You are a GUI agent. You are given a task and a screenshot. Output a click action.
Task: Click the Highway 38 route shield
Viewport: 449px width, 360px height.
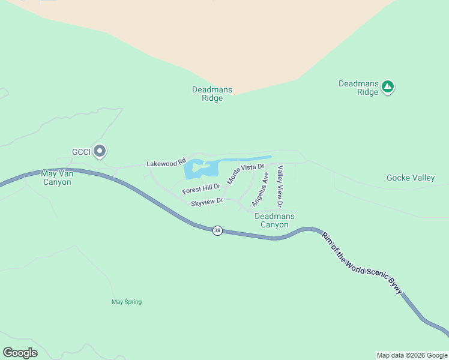[217, 230]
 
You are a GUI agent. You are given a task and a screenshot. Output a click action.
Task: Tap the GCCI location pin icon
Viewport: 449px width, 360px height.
[100, 151]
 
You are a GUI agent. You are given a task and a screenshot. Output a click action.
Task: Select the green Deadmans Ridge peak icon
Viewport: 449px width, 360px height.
[388, 86]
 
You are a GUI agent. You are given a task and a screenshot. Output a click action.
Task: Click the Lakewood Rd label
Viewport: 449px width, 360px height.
[163, 163]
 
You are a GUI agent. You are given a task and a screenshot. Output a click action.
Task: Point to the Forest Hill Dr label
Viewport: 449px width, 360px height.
[202, 188]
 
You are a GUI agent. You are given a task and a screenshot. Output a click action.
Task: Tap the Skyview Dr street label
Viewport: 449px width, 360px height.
[207, 203]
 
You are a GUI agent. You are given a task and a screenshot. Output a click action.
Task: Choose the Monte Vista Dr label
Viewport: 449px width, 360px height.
[246, 173]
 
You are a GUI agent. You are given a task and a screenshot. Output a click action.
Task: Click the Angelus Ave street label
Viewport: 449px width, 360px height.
[260, 190]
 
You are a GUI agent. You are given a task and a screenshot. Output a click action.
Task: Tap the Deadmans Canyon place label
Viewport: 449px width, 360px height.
[274, 220]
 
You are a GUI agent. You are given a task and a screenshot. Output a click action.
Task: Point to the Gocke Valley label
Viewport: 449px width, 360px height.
[411, 178]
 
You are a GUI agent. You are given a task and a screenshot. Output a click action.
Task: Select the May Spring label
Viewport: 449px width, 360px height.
[127, 302]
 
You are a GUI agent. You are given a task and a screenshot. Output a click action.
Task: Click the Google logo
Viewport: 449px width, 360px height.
[20, 352]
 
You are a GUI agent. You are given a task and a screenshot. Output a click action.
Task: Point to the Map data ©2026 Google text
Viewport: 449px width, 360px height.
[412, 355]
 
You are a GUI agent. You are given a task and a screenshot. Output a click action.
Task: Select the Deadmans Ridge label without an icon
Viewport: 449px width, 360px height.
[212, 94]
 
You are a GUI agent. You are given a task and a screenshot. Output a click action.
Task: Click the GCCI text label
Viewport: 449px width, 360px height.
[80, 152]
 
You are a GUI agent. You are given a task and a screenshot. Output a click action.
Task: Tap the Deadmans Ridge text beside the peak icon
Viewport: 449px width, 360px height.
[358, 88]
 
